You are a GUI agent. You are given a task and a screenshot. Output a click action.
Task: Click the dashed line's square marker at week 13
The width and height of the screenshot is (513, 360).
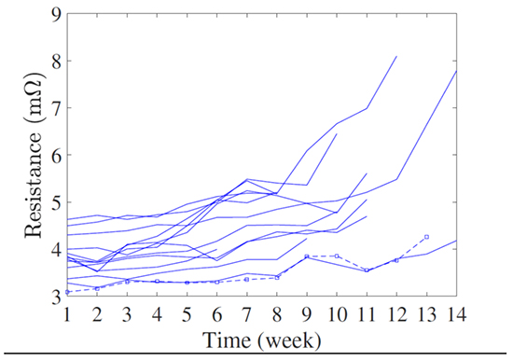tap(426, 237)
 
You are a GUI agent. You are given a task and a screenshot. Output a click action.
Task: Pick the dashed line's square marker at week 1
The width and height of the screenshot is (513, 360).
tap(68, 292)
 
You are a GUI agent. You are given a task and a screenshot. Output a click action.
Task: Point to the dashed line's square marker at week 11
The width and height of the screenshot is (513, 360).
tap(367, 270)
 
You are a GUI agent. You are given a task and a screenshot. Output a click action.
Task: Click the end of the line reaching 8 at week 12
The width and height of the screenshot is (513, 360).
tap(396, 57)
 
